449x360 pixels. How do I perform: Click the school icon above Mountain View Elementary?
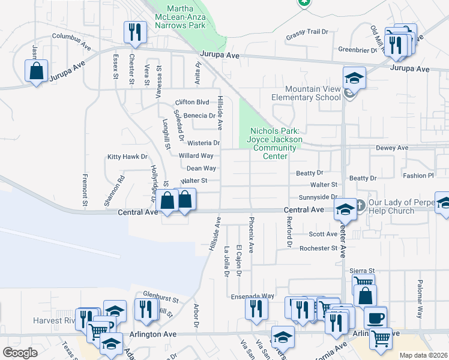click(x=354, y=79)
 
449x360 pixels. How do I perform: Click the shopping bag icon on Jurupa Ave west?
click(x=37, y=71)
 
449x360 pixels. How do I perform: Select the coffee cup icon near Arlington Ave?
click(x=376, y=317)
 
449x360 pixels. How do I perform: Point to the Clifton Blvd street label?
click(x=192, y=102)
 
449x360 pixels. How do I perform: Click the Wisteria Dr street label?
click(x=203, y=143)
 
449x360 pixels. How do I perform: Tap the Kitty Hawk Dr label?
click(x=127, y=157)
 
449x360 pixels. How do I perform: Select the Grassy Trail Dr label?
click(x=307, y=32)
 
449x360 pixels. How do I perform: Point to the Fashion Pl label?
click(x=418, y=176)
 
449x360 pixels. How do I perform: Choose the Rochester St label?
click(x=319, y=248)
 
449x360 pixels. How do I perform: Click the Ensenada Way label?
click(x=253, y=296)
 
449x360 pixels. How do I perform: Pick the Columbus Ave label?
click(x=71, y=36)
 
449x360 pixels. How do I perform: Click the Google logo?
click(x=20, y=353)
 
